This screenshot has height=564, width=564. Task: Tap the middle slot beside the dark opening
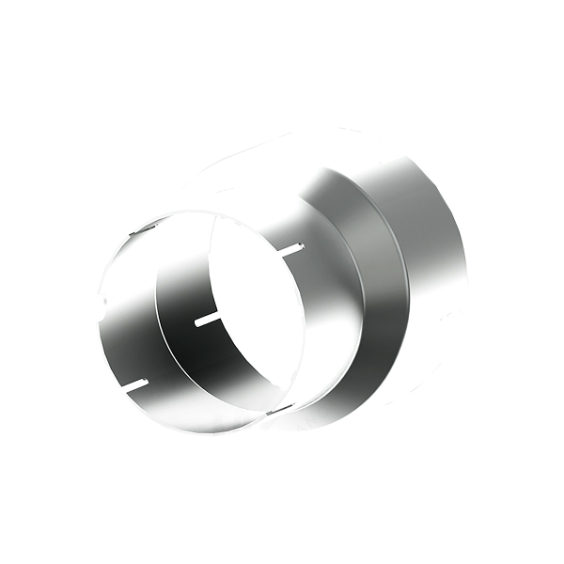[206, 321]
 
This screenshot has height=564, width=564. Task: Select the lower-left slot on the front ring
[133, 383]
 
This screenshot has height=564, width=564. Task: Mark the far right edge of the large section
[466, 273]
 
